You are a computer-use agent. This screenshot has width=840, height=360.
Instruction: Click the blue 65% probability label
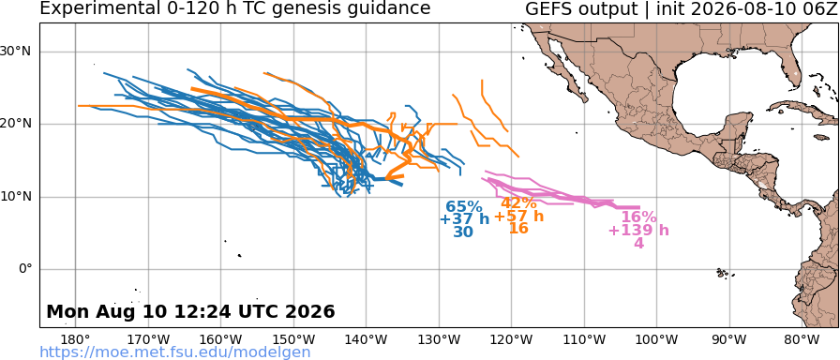pyautogui.click(x=464, y=207)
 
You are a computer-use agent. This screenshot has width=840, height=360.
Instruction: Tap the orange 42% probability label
pyautogui.click(x=518, y=203)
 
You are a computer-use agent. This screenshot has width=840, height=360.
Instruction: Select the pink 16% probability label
pyautogui.click(x=638, y=217)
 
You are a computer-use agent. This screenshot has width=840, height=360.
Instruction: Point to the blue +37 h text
pyautogui.click(x=464, y=219)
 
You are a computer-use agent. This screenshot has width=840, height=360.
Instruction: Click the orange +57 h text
pyautogui.click(x=518, y=217)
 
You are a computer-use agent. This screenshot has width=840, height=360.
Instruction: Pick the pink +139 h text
pyautogui.click(x=638, y=231)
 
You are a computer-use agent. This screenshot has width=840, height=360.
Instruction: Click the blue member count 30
pyautogui.click(x=463, y=232)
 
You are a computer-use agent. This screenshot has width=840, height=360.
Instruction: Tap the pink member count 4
pyautogui.click(x=638, y=243)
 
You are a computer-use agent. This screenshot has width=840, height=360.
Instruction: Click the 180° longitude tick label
pyautogui.click(x=76, y=339)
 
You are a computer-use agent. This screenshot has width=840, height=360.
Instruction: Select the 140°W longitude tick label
pyautogui.click(x=367, y=339)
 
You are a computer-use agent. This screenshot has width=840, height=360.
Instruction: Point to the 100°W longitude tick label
pyautogui.click(x=657, y=339)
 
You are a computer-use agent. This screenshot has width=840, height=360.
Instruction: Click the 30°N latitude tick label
pyautogui.click(x=17, y=52)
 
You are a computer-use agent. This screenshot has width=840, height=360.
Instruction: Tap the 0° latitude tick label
pyautogui.click(x=25, y=269)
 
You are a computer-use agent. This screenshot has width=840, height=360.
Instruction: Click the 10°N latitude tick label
pyautogui.click(x=17, y=197)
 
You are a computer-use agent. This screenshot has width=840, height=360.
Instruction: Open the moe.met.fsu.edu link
pyautogui.click(x=175, y=352)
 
